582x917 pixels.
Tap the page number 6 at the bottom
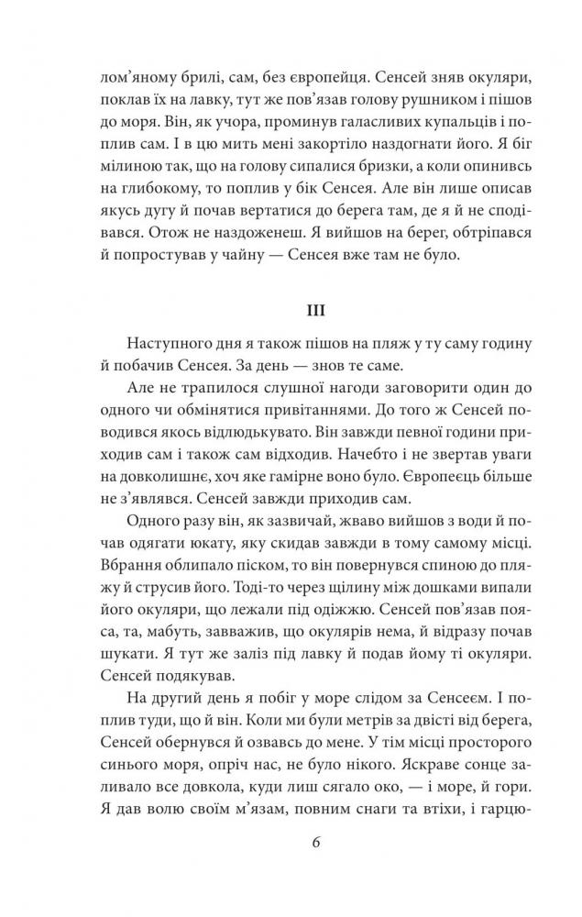pos(291,864)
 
